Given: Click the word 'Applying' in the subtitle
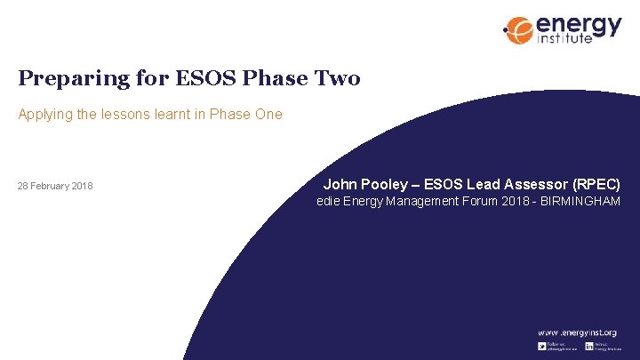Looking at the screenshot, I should pyautogui.click(x=44, y=114).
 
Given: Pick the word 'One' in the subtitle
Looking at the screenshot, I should pyautogui.click(x=268, y=114).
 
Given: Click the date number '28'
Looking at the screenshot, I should pyautogui.click(x=24, y=186).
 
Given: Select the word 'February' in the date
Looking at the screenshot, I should pyautogui.click(x=51, y=186).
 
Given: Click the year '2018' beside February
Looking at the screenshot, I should pyautogui.click(x=82, y=186).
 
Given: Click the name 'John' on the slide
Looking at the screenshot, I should pyautogui.click(x=340, y=184).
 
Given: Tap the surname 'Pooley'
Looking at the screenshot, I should pyautogui.click(x=385, y=184).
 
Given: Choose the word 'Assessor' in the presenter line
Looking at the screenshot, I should pyautogui.click(x=523, y=184).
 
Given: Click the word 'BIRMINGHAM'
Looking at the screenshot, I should pyautogui.click(x=579, y=202).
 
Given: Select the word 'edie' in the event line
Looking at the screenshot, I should pyautogui.click(x=329, y=202).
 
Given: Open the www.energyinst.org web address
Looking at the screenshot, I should pyautogui.click(x=575, y=332).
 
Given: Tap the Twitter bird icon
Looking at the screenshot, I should pyautogui.click(x=541, y=345).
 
